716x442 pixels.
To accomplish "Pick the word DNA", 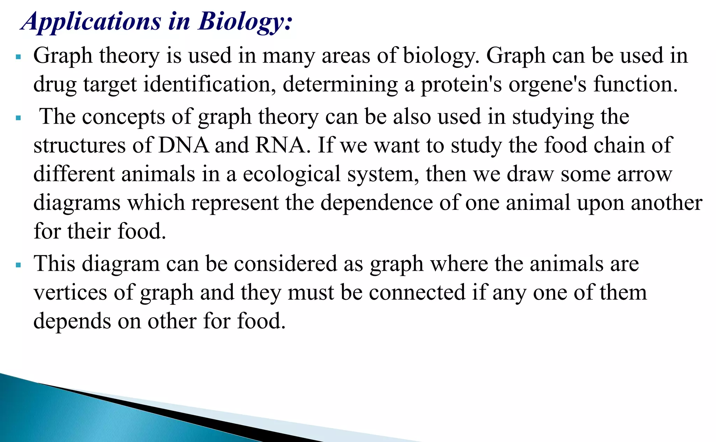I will coord(184,145).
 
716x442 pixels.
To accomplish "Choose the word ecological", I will coord(292,174).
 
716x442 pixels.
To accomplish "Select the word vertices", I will coord(70,292).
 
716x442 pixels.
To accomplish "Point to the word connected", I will coord(417,292).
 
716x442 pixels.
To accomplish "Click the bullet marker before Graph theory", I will coord(19,56).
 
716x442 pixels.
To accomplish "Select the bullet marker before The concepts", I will coord(19,118).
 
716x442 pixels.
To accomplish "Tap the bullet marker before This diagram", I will coord(19,265).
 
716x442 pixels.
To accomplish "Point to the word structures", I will coord(79,145).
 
